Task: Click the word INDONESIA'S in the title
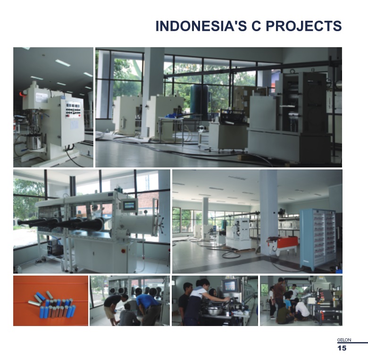pyautogui.click(x=201, y=26)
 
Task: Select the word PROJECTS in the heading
pyautogui.click(x=304, y=26)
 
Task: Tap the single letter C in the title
pyautogui.click(x=256, y=26)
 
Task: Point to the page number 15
pyautogui.click(x=342, y=348)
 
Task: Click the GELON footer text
pyautogui.click(x=344, y=340)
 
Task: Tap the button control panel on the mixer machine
pyautogui.click(x=73, y=109)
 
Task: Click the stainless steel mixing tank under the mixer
pyautogui.click(x=34, y=142)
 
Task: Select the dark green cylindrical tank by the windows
pyautogui.click(x=199, y=101)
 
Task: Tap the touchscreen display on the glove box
pyautogui.click(x=129, y=206)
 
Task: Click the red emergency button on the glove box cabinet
pyautogui.click(x=123, y=251)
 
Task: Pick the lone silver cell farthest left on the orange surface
pyautogui.click(x=34, y=303)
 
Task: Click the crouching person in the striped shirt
pyautogui.click(x=127, y=316)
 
